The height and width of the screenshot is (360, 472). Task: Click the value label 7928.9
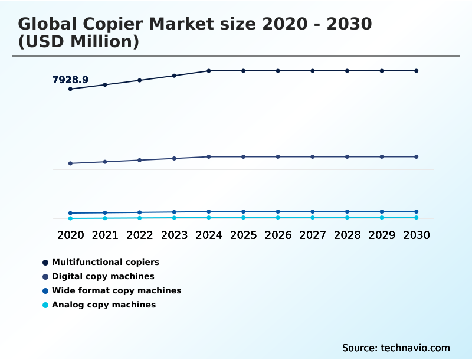click(x=70, y=80)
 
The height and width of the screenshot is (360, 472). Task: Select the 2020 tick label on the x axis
click(x=70, y=235)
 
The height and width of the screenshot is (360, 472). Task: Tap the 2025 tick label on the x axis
click(x=243, y=235)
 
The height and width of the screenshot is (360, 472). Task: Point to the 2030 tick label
click(x=416, y=235)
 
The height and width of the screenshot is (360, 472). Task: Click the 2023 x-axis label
click(x=174, y=235)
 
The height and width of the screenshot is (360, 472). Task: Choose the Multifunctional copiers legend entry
click(x=105, y=262)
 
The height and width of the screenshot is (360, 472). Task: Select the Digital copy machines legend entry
click(x=103, y=276)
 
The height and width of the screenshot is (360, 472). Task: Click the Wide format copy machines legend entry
click(x=116, y=290)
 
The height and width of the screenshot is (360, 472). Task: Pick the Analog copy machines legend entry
click(x=103, y=305)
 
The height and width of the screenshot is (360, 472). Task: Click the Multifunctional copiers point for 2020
click(x=70, y=89)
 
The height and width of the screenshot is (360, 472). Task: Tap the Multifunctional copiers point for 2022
click(x=140, y=80)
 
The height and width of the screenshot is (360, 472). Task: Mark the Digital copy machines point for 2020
click(x=70, y=163)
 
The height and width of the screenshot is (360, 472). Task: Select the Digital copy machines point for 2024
click(x=209, y=156)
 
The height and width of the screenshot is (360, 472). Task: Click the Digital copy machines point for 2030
click(x=416, y=156)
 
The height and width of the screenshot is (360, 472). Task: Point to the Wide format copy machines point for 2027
click(x=313, y=211)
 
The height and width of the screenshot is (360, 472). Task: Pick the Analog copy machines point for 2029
click(x=382, y=218)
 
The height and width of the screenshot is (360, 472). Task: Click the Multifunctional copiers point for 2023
click(x=174, y=76)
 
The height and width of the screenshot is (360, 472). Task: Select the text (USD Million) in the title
click(x=78, y=42)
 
